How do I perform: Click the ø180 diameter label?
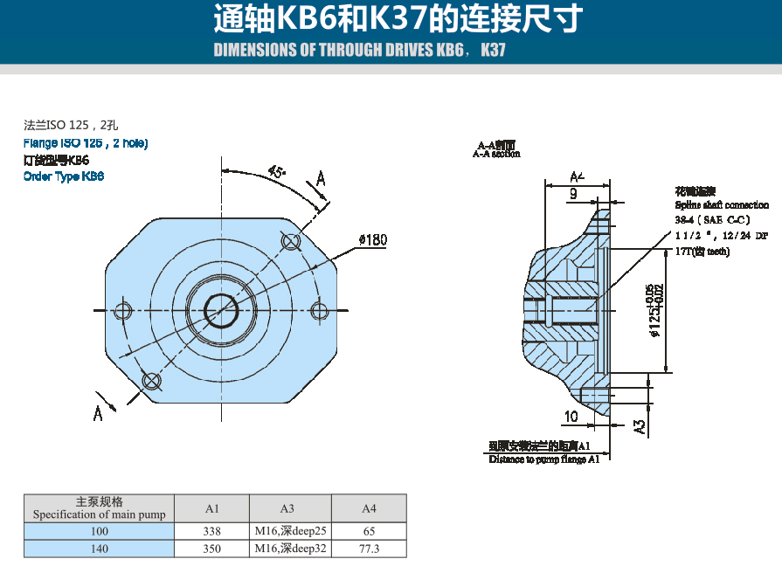[372, 239]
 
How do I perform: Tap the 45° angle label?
[277, 172]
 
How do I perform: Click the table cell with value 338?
[212, 531]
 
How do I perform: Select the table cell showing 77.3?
[369, 549]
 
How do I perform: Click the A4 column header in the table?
[369, 508]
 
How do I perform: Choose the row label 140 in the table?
[100, 549]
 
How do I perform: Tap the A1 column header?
[212, 508]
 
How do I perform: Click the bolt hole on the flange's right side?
[321, 310]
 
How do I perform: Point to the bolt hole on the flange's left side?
[123, 310]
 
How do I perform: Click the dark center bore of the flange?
[221, 309]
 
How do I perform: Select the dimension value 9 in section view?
[573, 194]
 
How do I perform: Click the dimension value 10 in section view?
[571, 416]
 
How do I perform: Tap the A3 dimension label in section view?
[640, 426]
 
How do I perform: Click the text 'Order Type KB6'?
[64, 176]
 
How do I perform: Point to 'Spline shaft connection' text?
[722, 204]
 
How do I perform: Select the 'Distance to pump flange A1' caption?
[544, 459]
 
